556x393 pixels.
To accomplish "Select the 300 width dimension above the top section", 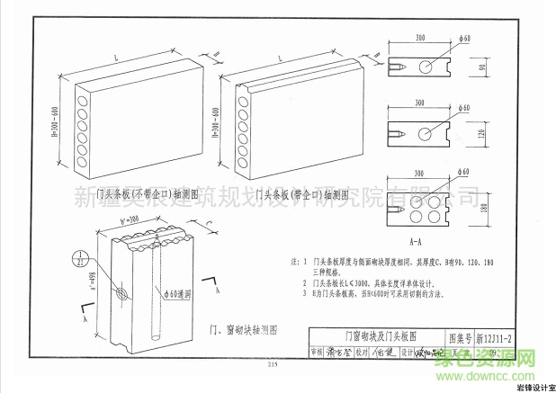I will tap(420, 39).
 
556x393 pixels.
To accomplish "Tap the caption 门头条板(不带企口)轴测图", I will tap(147, 194).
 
